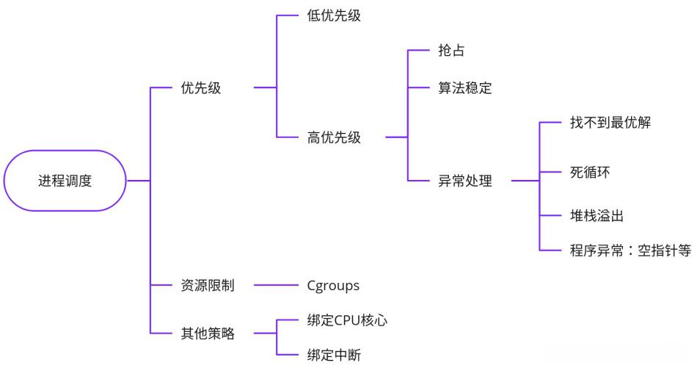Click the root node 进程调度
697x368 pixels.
(65, 181)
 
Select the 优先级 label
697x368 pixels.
(201, 88)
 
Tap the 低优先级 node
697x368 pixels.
(334, 15)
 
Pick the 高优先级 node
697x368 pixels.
(334, 137)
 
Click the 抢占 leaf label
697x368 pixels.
(451, 51)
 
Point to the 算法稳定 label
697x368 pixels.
(465, 88)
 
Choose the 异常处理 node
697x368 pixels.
(465, 181)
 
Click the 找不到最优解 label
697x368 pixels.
(610, 123)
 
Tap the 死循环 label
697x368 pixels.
(589, 173)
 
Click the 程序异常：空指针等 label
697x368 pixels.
(630, 250)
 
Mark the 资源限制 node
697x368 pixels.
(208, 286)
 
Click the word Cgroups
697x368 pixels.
(333, 286)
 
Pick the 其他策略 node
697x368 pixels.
(208, 333)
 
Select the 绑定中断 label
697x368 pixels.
(334, 356)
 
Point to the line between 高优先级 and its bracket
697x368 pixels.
(395, 137)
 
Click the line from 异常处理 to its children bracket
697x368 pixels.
(525, 181)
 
